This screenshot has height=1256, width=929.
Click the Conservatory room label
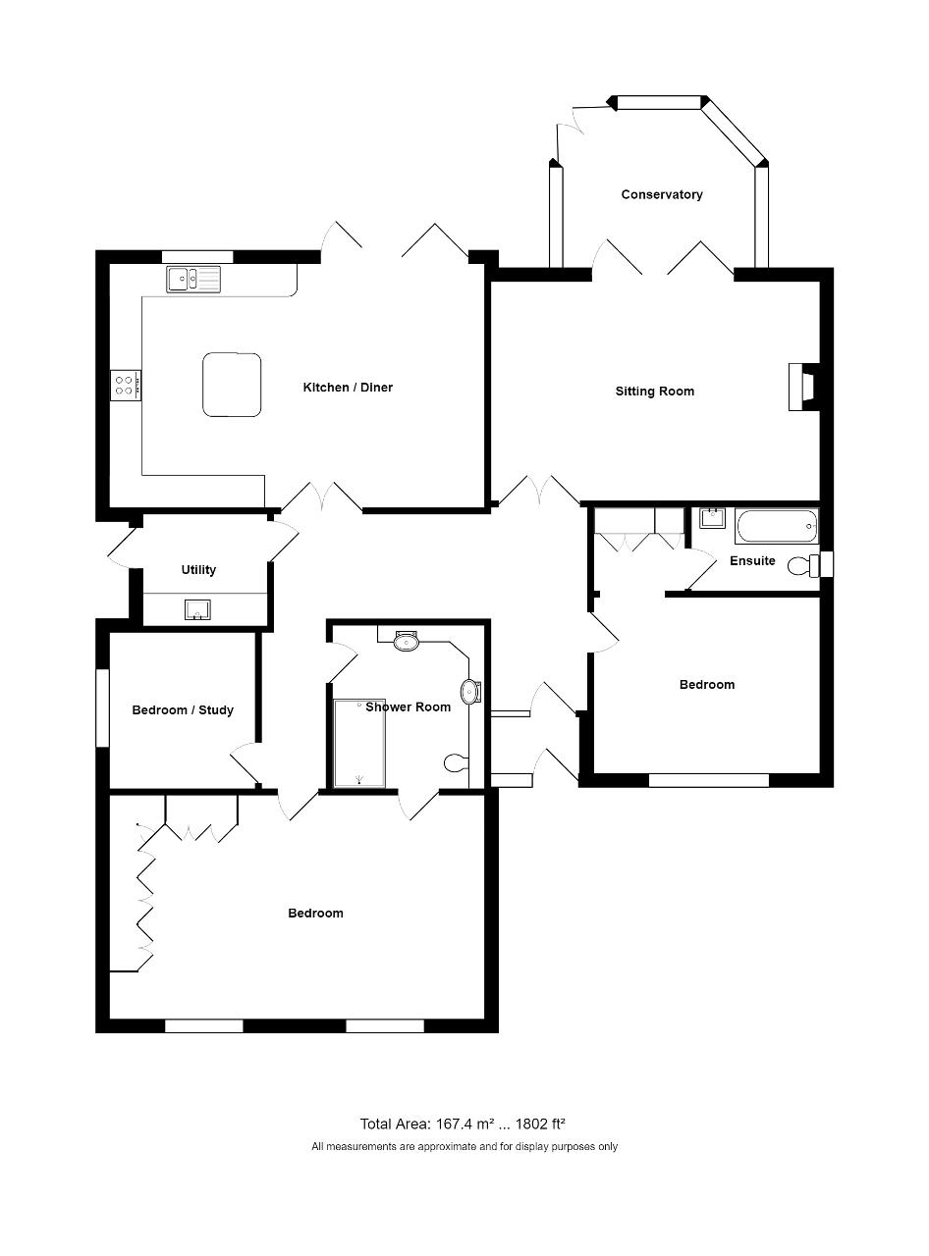pyautogui.click(x=662, y=194)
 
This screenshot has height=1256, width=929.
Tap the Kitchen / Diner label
pyautogui.click(x=348, y=388)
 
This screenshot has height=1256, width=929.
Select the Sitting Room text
pyautogui.click(x=655, y=392)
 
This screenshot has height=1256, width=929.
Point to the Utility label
pyautogui.click(x=198, y=570)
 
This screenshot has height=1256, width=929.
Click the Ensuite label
pyautogui.click(x=752, y=560)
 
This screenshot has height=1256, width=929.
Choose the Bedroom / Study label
pyautogui.click(x=183, y=710)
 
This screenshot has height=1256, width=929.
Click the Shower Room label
pyautogui.click(x=409, y=706)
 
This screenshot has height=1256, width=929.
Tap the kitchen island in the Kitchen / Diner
pyautogui.click(x=232, y=385)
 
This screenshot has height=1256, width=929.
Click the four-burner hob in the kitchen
pyautogui.click(x=126, y=386)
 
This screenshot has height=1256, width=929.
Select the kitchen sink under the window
pyautogui.click(x=193, y=280)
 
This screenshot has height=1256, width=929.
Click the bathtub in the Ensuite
pyautogui.click(x=777, y=527)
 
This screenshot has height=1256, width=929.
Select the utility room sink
pyautogui.click(x=197, y=610)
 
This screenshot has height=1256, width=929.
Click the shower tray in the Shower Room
pyautogui.click(x=359, y=743)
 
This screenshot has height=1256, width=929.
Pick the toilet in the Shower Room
pyautogui.click(x=456, y=763)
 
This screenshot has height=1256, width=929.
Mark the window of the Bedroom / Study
pyautogui.click(x=102, y=707)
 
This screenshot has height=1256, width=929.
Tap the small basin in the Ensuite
pyautogui.click(x=712, y=518)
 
